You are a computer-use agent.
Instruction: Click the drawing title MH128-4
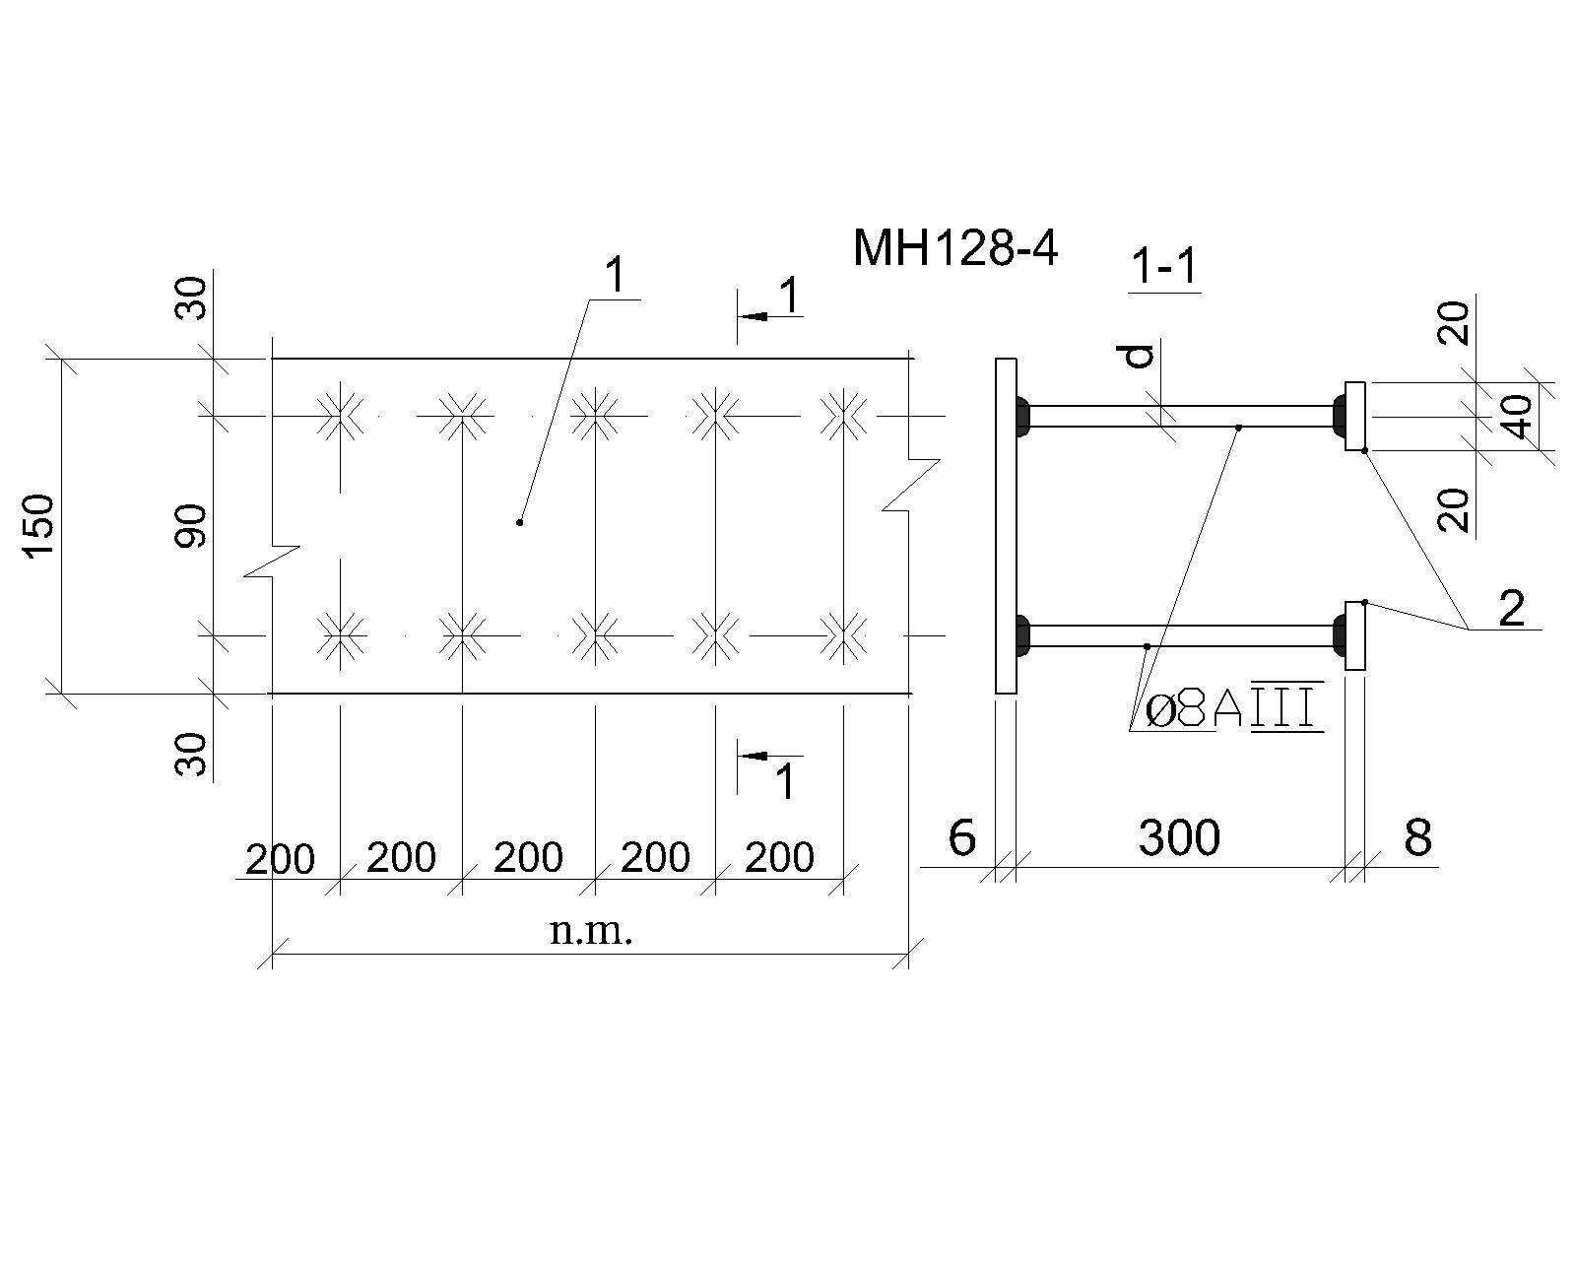click(955, 248)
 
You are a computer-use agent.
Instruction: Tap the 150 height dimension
click(39, 526)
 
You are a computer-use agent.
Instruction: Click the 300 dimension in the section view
click(1179, 836)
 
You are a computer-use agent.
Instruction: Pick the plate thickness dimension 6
click(961, 836)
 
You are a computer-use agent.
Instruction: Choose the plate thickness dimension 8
click(1417, 836)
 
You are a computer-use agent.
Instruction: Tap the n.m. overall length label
click(591, 931)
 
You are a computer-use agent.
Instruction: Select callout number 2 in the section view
click(1512, 608)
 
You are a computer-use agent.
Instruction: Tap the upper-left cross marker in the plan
click(341, 416)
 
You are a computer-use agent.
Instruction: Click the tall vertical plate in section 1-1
click(1007, 525)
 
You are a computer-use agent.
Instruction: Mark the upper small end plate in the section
click(1354, 416)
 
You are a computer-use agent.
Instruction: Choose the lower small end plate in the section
click(1354, 635)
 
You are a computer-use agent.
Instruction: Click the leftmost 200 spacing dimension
click(280, 859)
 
